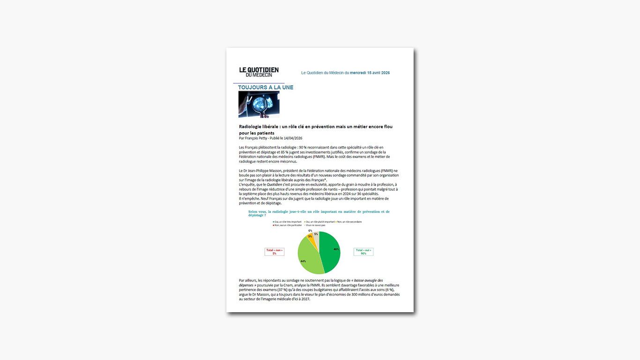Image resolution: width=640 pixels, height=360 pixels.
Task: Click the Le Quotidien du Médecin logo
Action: (x=259, y=72)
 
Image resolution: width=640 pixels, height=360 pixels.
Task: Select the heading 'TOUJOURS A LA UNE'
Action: (x=266, y=88)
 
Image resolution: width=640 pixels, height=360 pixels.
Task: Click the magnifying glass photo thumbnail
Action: (x=259, y=104)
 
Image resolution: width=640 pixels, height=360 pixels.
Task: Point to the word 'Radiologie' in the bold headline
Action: (x=251, y=127)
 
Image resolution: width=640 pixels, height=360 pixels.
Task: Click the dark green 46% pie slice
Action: (x=330, y=251)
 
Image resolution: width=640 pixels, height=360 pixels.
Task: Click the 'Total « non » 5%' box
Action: (x=274, y=252)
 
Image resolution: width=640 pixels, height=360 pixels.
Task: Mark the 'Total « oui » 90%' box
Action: (x=363, y=252)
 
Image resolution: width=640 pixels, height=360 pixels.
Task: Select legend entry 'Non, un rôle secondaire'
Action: (x=349, y=222)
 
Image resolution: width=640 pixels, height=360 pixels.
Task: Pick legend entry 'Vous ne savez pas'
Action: (x=316, y=225)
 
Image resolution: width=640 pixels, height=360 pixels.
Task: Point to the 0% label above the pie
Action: (x=310, y=231)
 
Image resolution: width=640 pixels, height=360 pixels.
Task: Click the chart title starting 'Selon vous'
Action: (x=319, y=213)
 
